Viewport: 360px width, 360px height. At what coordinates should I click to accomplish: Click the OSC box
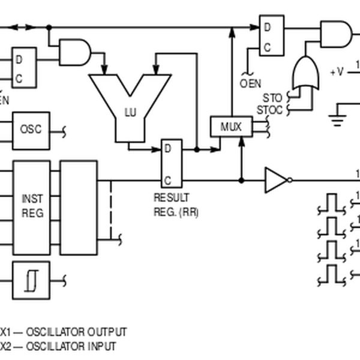pyautogui.click(x=31, y=130)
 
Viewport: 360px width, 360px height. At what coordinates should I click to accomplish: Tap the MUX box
pyautogui.click(x=230, y=127)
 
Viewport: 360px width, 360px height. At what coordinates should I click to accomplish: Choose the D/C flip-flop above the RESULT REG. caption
pyautogui.click(x=172, y=163)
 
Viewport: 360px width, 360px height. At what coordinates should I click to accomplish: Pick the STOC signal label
pyautogui.click(x=269, y=110)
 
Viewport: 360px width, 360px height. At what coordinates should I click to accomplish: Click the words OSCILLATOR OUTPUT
pyautogui.click(x=76, y=332)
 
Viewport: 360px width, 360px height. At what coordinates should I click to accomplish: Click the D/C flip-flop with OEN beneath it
pyautogui.click(x=271, y=34)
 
